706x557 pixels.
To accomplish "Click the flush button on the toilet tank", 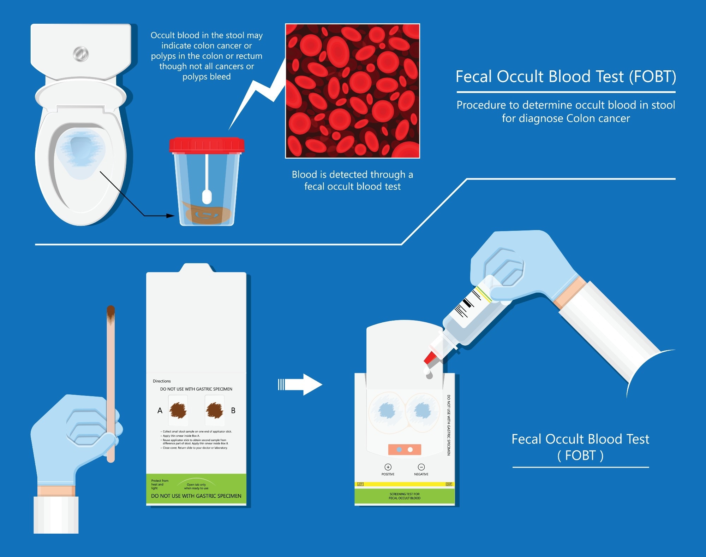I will click(x=80, y=54).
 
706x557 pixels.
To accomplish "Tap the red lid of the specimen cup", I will click(x=207, y=145).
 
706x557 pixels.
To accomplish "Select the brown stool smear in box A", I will click(x=178, y=410).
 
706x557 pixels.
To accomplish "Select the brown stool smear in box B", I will click(x=214, y=410).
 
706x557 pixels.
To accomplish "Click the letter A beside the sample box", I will click(x=160, y=411).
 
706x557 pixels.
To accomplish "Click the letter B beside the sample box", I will click(x=233, y=411).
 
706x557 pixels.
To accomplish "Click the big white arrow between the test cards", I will click(x=304, y=385).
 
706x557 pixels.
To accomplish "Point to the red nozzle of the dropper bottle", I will click(x=431, y=357).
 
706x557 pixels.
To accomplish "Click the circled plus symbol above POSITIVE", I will click(x=388, y=467).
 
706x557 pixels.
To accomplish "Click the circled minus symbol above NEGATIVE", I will click(x=421, y=467).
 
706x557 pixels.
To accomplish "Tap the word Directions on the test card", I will click(x=162, y=381).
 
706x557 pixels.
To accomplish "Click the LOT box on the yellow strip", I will click(x=360, y=484).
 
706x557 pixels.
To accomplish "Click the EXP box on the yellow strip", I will click(x=449, y=484).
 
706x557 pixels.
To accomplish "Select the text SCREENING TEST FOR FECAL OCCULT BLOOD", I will click(x=405, y=496).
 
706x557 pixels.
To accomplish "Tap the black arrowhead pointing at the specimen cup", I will click(x=170, y=216).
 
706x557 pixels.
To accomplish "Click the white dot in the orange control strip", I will click(x=410, y=450).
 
